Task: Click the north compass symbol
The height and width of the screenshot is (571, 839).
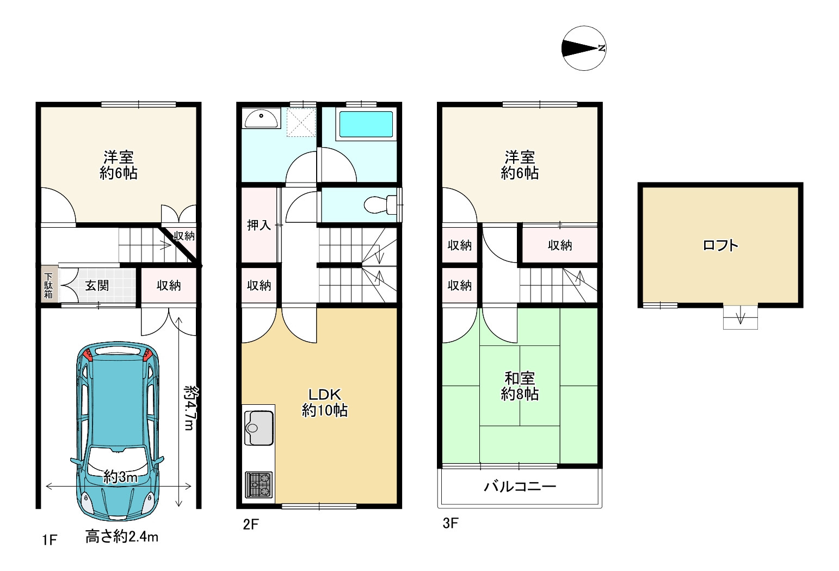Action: [x=584, y=48]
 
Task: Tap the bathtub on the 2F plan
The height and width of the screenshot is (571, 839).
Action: [x=366, y=124]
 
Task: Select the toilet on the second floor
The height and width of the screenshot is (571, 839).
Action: [x=380, y=205]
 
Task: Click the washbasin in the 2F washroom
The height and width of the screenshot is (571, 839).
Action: [x=261, y=118]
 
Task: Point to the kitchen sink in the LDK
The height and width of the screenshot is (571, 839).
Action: [x=258, y=428]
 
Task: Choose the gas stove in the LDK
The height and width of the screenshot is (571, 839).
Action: [x=258, y=484]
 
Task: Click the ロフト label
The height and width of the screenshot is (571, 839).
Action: [x=720, y=245]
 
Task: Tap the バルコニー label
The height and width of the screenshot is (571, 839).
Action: [x=520, y=487]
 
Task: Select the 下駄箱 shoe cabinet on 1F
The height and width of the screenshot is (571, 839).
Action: [x=48, y=285]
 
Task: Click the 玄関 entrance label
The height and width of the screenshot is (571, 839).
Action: [x=97, y=285]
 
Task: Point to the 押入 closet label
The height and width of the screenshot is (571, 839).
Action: [x=259, y=224]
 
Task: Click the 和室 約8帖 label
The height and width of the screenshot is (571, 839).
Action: [x=520, y=386]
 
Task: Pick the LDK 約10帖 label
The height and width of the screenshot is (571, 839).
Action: [x=325, y=403]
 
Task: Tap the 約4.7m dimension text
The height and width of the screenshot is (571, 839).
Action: [x=191, y=408]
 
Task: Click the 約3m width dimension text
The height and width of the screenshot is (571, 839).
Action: [x=121, y=477]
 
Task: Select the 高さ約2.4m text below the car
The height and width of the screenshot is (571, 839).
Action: [x=122, y=537]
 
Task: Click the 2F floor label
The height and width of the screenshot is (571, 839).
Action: [x=251, y=524]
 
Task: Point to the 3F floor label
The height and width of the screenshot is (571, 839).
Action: [x=450, y=523]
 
